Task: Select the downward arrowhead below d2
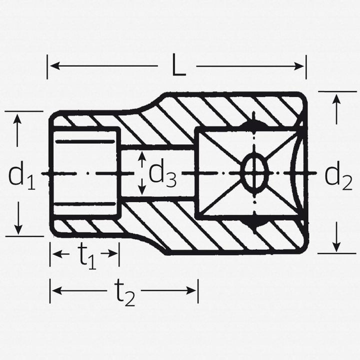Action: (x=336, y=247)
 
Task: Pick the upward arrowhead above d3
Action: (x=142, y=156)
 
